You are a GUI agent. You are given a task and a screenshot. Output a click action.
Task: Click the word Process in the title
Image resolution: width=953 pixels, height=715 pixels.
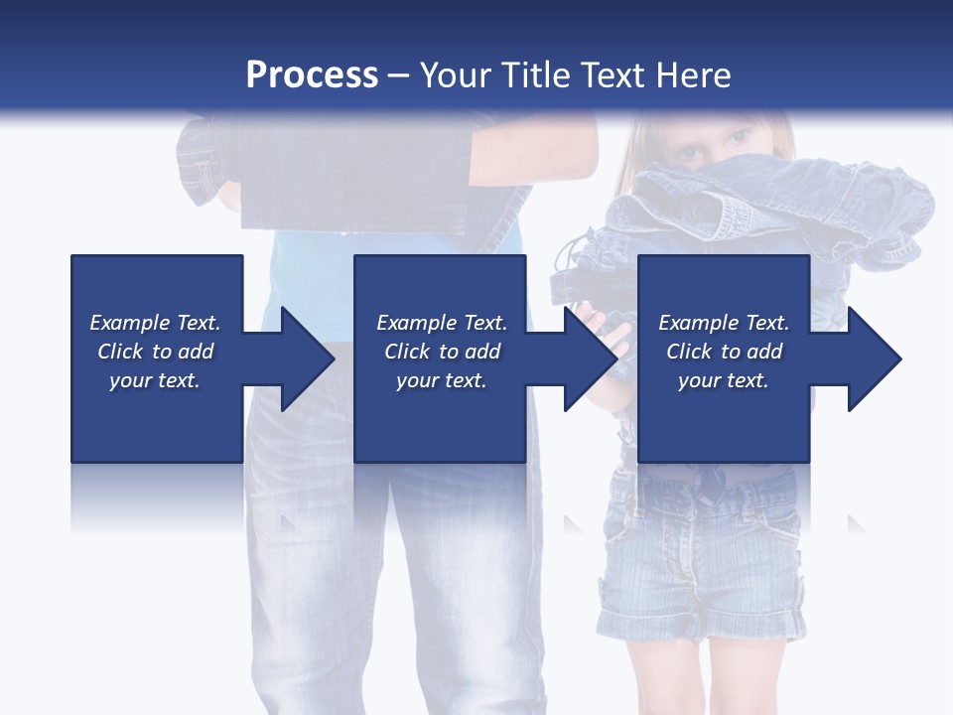[312, 75]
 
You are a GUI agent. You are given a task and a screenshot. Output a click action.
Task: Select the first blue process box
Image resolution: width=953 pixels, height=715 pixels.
[157, 358]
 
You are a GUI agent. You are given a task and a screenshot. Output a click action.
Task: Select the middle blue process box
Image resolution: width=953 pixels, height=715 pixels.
[440, 358]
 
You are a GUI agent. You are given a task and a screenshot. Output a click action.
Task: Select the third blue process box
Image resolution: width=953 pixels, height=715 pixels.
[724, 358]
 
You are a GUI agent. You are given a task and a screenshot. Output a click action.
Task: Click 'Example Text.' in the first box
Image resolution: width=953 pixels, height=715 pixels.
[155, 323]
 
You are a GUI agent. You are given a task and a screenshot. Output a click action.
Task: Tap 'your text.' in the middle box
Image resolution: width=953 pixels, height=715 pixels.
[441, 380]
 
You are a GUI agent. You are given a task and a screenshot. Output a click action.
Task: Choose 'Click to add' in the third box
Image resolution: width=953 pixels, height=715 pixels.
[724, 352]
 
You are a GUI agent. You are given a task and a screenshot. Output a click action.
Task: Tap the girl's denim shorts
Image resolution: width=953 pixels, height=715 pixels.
[700, 556]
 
